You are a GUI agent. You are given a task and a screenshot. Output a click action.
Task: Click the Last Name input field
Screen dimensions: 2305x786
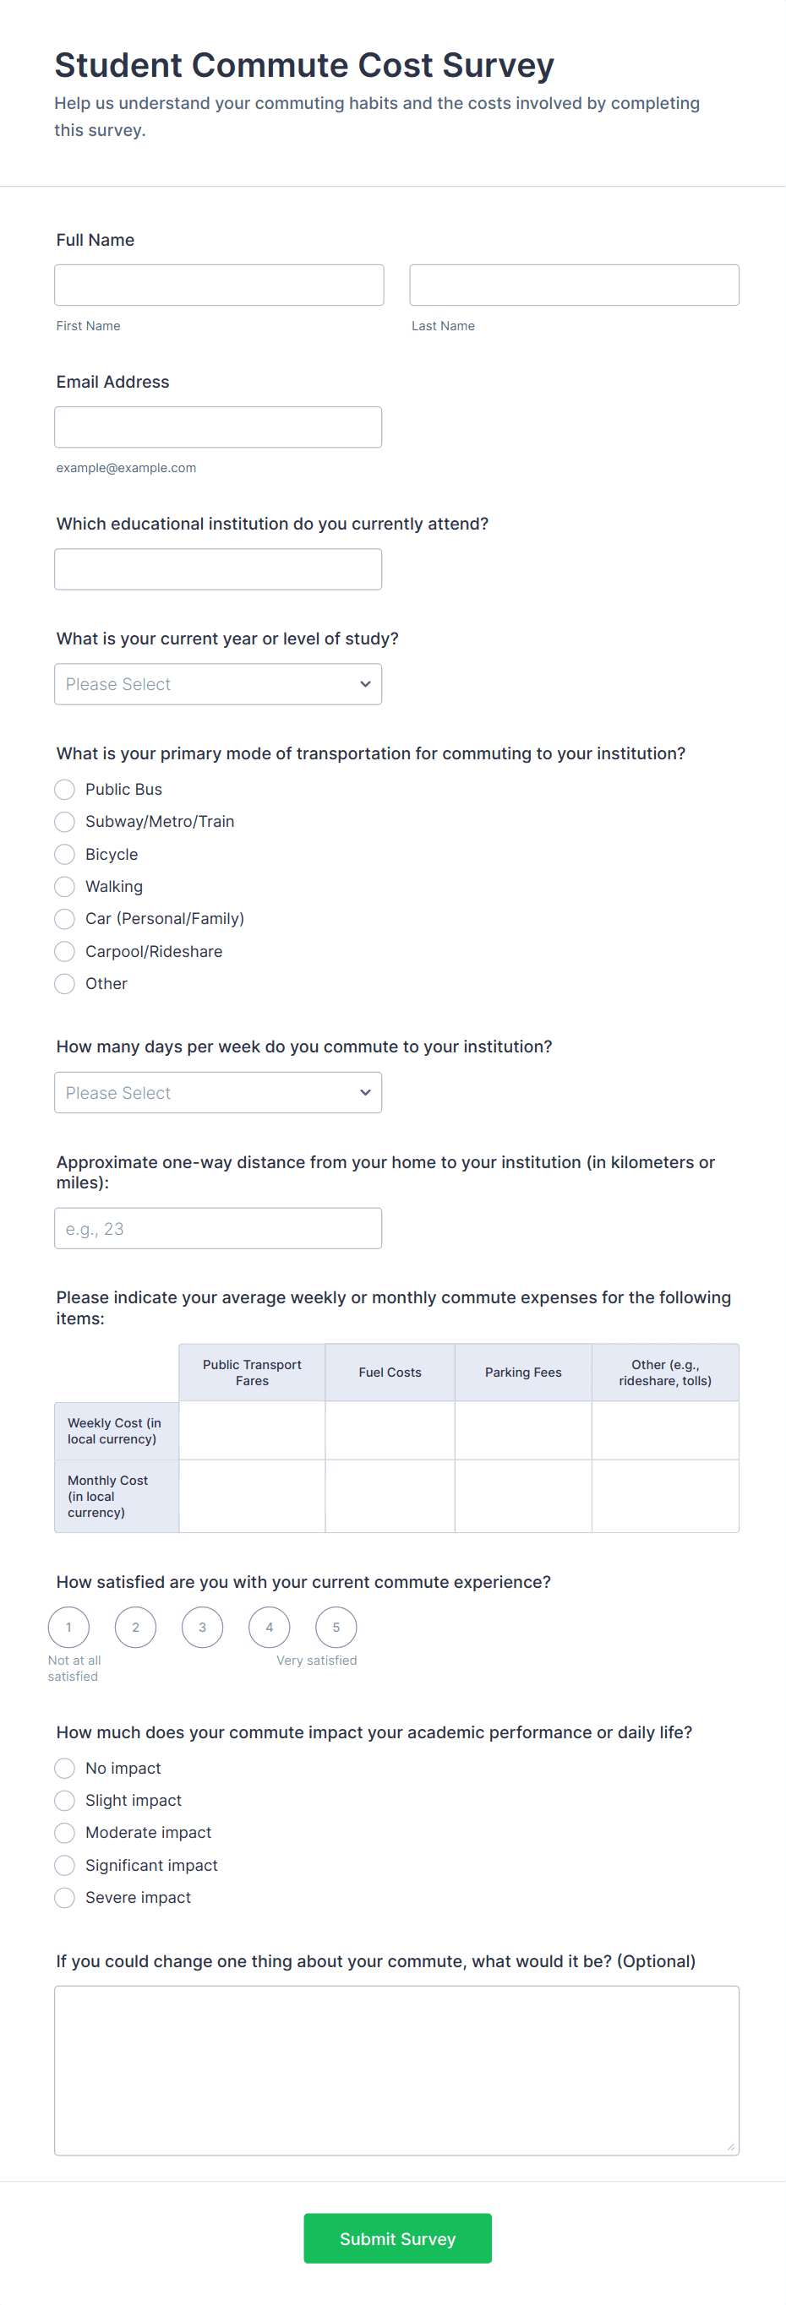tap(574, 285)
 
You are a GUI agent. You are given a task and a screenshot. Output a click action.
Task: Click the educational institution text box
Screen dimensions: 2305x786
tap(217, 569)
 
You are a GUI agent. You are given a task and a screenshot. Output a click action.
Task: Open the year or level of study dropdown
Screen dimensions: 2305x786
tap(217, 683)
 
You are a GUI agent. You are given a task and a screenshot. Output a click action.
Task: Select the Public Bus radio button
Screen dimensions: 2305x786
tap(64, 789)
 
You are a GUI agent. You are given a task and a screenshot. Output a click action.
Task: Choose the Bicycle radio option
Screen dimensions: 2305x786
tap(64, 855)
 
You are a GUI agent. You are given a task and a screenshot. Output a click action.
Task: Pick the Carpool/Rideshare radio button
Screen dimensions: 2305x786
tap(64, 951)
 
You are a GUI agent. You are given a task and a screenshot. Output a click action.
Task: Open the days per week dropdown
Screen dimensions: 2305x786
tap(217, 1093)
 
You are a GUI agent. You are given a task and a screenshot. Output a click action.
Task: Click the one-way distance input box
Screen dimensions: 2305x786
tap(217, 1229)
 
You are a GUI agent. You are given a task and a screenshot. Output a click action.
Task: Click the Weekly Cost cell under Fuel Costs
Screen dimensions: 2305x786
tap(390, 1430)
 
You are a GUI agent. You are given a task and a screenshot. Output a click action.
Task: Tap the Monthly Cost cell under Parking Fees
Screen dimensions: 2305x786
tap(523, 1496)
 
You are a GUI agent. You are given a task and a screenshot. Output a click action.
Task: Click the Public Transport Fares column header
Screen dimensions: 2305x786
tap(252, 1372)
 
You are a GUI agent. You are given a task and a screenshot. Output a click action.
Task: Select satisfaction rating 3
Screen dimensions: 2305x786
tap(202, 1627)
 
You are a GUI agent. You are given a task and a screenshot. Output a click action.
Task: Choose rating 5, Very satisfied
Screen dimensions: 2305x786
tap(336, 1627)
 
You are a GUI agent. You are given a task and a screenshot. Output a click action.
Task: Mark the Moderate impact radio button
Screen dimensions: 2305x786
tap(64, 1833)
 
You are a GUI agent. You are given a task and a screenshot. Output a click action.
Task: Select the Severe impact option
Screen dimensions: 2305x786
tap(64, 1897)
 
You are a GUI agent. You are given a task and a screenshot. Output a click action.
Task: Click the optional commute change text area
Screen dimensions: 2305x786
tap(396, 2069)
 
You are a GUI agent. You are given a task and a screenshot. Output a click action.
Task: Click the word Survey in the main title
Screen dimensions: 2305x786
tap(498, 65)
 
